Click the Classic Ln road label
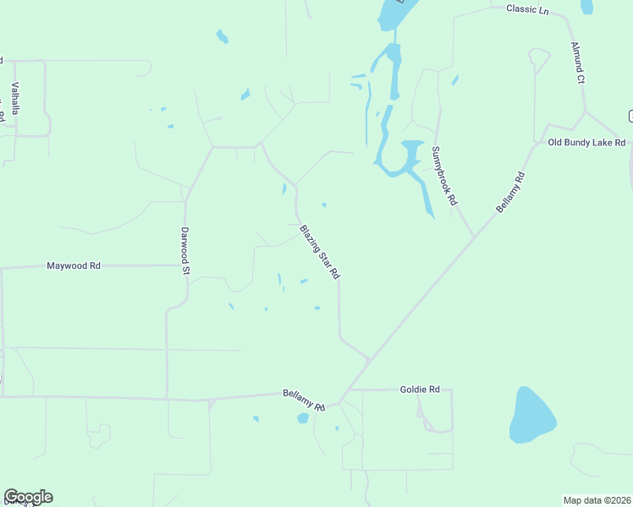coord(527,8)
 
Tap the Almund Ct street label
coord(578,63)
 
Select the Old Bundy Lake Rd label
coord(586,143)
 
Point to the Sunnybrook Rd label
coord(444,177)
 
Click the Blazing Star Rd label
coord(319,252)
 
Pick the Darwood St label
coord(184,252)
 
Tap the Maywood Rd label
coord(74,265)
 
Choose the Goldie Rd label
coord(420,390)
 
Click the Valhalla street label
coord(15,98)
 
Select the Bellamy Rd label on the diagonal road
coord(511,193)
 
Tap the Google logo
coord(28,497)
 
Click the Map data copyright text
coord(597,499)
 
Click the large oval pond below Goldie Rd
coord(531,415)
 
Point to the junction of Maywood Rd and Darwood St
coord(184,265)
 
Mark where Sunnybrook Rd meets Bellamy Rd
coord(473,236)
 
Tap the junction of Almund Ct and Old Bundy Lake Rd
coord(585,111)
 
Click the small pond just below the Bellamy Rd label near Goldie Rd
coord(303,418)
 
